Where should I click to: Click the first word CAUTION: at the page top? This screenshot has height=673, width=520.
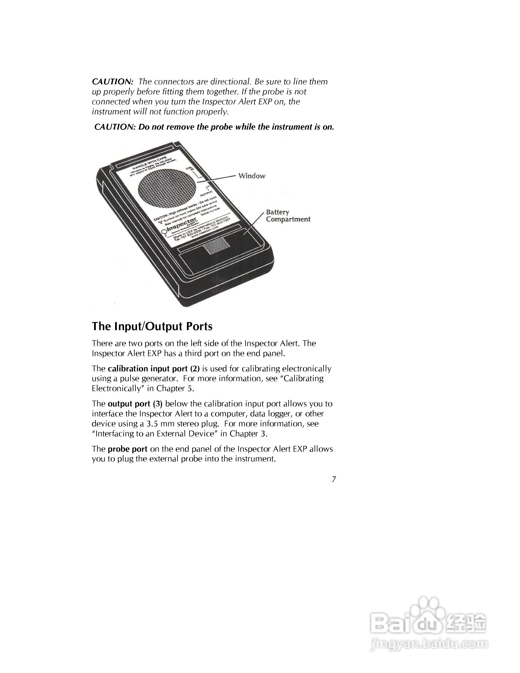112,82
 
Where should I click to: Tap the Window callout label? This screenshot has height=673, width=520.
252,176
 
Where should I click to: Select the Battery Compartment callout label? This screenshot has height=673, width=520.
288,216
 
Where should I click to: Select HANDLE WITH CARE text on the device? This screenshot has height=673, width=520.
149,163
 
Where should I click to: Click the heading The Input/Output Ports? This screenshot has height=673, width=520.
152,326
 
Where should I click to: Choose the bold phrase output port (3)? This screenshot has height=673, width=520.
135,404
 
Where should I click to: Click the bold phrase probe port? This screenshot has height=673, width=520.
127,449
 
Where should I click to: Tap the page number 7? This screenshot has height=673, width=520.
334,479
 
